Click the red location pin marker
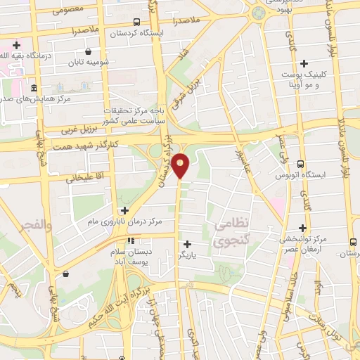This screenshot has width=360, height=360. click(181, 165)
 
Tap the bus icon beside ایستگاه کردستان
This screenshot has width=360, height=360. click(136, 22)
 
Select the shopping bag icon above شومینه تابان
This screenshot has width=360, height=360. click(88, 51)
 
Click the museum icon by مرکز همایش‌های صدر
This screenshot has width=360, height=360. click(34, 88)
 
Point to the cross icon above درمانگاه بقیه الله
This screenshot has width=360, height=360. click(16, 45)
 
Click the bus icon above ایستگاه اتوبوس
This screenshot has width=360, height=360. click(301, 162)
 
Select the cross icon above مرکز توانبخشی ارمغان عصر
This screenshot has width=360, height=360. click(303, 227)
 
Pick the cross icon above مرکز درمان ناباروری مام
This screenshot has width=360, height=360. click(124, 210)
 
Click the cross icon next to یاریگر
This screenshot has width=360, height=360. click(187, 244)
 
